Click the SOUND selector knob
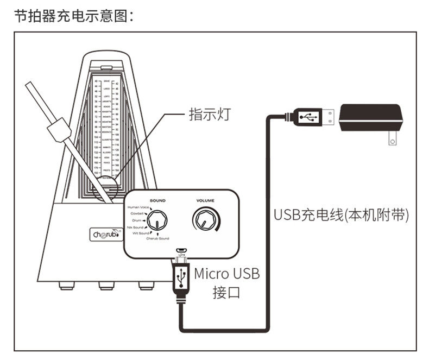coord(159,221)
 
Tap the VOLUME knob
coord(205,220)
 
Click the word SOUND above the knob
coord(157,200)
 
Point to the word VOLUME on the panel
coord(205,200)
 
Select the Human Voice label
coord(138,207)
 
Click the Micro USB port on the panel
coord(181,251)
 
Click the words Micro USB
coord(227,273)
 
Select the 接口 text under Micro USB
coord(226,294)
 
